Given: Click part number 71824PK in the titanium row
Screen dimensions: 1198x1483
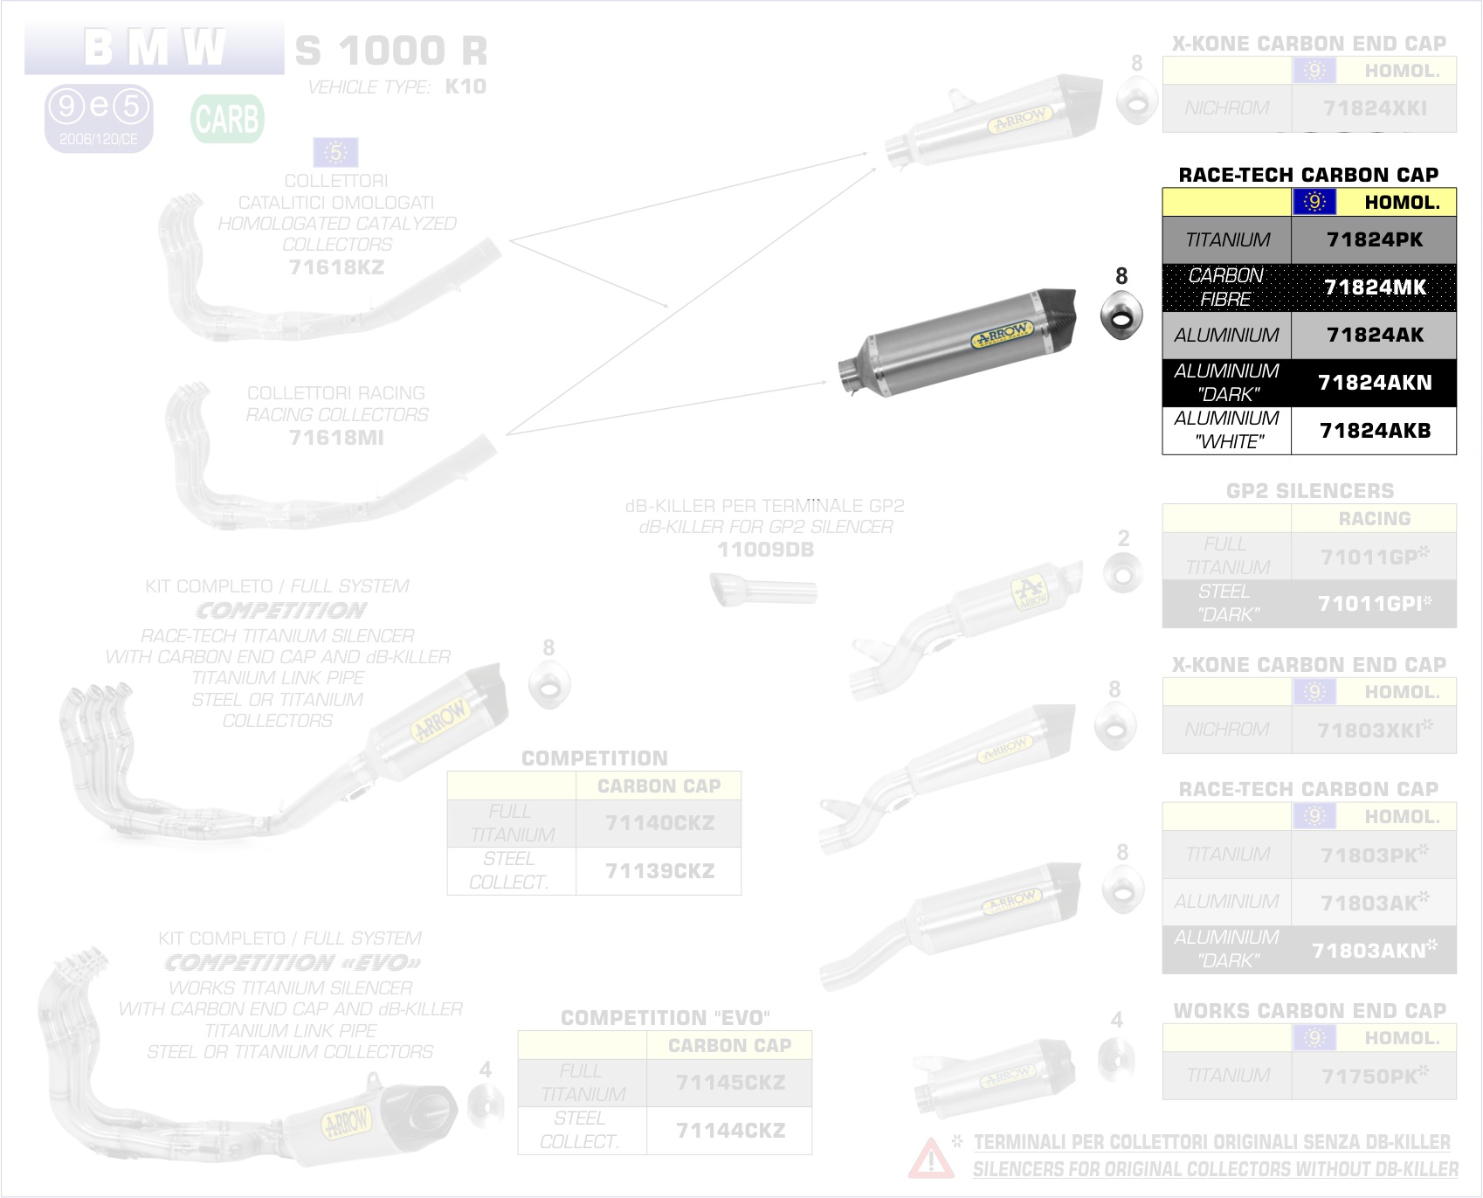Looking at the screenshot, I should pos(1374,239).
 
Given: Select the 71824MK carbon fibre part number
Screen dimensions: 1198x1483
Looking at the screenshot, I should pos(1374,287).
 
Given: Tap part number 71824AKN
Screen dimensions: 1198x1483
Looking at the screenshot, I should pos(1374,383).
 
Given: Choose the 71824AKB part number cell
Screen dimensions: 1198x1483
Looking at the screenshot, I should pos(1374,431).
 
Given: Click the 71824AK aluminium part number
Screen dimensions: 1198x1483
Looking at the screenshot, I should pos(1374,335).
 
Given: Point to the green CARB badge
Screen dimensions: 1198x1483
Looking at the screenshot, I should pos(227,119).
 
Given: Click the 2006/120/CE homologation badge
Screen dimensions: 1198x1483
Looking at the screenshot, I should pos(99,118).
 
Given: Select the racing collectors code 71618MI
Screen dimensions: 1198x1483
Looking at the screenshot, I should pos(336,438).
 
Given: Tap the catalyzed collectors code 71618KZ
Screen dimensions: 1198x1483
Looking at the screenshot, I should pos(336,267).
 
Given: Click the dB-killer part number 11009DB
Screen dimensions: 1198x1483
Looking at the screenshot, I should pos(765,550).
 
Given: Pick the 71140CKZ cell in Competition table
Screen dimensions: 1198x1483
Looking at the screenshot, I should pos(659,823).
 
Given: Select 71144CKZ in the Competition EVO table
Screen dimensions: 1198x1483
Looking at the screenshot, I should pos(730,1131).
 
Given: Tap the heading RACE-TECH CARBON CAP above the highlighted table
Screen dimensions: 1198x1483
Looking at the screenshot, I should pos(1308,175).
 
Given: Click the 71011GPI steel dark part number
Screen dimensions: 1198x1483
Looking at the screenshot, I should pos(1374,604).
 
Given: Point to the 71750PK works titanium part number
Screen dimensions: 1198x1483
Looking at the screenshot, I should pos(1374,1076).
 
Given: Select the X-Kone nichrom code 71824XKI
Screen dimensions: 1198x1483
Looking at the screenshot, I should pos(1374,108).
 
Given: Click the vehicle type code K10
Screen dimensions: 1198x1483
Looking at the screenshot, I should pos(466,87).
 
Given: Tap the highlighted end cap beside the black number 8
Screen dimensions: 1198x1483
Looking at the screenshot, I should pos(1121,315).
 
